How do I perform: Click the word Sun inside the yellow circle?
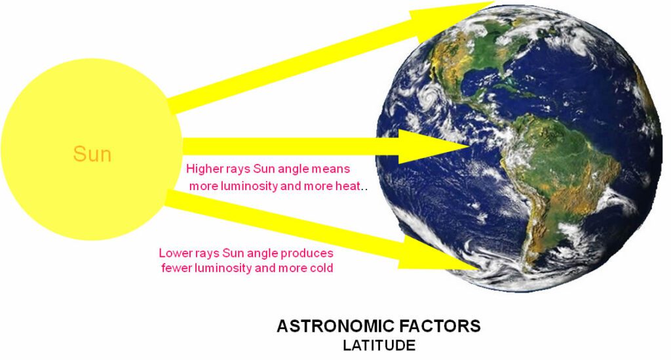point(92,153)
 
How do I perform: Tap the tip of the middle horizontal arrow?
point(469,147)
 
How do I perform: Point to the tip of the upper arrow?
point(493,2)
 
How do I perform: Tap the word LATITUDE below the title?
point(379,346)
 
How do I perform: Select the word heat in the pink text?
point(348,186)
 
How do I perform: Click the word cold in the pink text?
point(321,268)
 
